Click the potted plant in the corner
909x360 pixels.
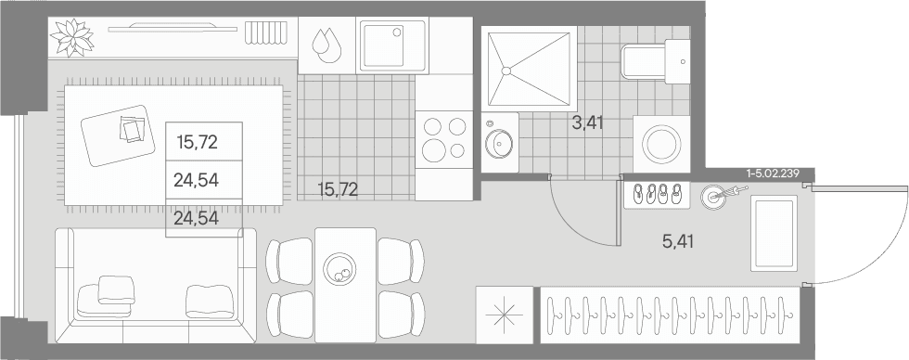tap(72, 38)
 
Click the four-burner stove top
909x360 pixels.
tap(444, 139)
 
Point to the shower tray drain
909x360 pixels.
tap(506, 71)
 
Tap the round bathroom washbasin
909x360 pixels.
tap(499, 143)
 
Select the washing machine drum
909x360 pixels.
tap(660, 144)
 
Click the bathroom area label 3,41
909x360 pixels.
tap(588, 122)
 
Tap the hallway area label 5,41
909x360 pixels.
tap(678, 240)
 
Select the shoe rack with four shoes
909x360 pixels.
tap(657, 195)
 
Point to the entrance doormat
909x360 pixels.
tap(774, 233)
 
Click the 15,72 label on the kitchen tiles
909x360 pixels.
tap(338, 189)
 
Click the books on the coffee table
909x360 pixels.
tap(134, 129)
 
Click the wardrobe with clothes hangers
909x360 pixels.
tap(670, 315)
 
